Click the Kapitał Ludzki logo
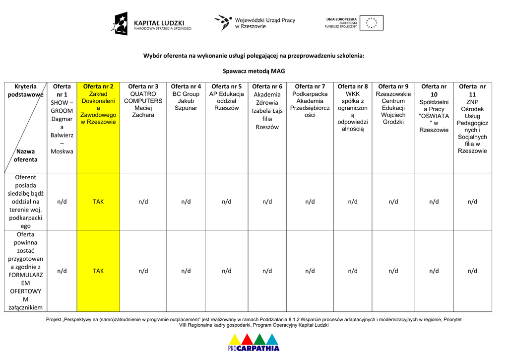(x=151, y=24)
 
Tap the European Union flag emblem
(x=371, y=23)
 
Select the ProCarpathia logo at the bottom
(x=254, y=342)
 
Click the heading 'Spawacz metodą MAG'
(x=254, y=71)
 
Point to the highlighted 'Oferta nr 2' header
(x=98, y=86)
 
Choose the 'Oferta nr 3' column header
(x=143, y=86)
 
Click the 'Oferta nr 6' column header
(x=267, y=86)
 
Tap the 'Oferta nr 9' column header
(x=393, y=86)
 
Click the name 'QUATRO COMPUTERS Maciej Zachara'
(x=143, y=104)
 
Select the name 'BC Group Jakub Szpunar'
(x=186, y=101)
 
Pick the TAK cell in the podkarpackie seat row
(x=98, y=202)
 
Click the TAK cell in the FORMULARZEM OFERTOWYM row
(x=98, y=271)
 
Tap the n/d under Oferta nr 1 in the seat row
(x=62, y=202)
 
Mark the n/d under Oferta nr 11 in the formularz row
(x=472, y=271)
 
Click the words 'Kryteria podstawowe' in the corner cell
(x=26, y=90)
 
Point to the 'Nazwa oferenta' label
(x=25, y=155)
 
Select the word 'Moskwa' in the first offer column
(x=62, y=151)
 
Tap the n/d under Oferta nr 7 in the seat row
(x=310, y=202)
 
